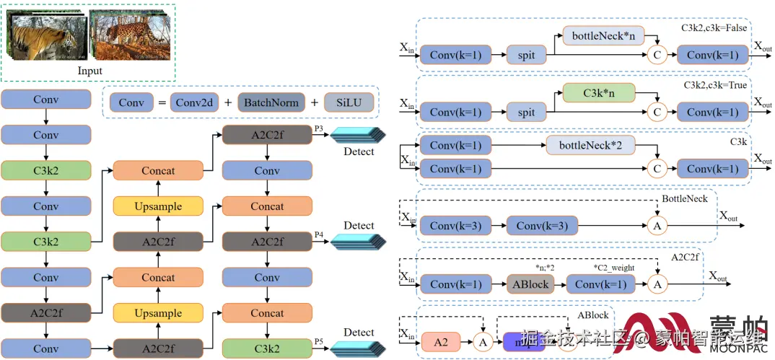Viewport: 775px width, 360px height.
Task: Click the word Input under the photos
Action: (x=90, y=71)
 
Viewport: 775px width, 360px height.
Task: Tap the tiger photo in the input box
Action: (x=46, y=35)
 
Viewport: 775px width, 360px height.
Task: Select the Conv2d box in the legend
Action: (x=193, y=103)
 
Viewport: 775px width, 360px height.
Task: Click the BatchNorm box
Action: (x=271, y=103)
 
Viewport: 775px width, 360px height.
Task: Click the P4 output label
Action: (x=319, y=234)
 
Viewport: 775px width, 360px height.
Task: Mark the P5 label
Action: (x=319, y=341)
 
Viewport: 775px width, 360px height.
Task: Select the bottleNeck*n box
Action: (x=603, y=35)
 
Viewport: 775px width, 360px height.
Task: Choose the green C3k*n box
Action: (x=598, y=92)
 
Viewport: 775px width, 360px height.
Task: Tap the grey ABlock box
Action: (x=531, y=284)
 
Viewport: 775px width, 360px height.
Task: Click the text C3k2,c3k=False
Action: (x=714, y=28)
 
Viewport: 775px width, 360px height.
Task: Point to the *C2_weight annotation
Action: (x=614, y=268)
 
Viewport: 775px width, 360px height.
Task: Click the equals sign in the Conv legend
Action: (x=162, y=103)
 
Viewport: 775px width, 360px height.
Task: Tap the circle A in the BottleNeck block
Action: (x=657, y=227)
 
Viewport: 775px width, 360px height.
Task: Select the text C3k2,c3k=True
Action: (x=715, y=85)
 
